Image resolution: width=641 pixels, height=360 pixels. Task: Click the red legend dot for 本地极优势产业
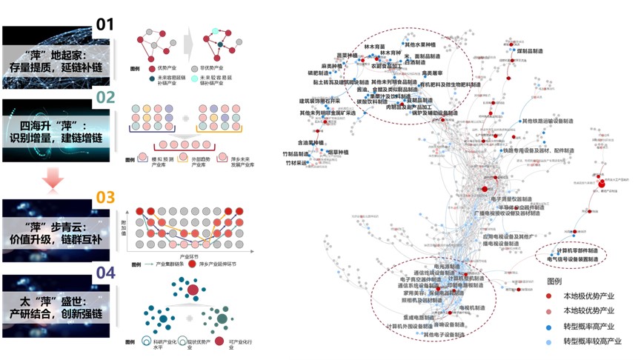pos(550,296)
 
